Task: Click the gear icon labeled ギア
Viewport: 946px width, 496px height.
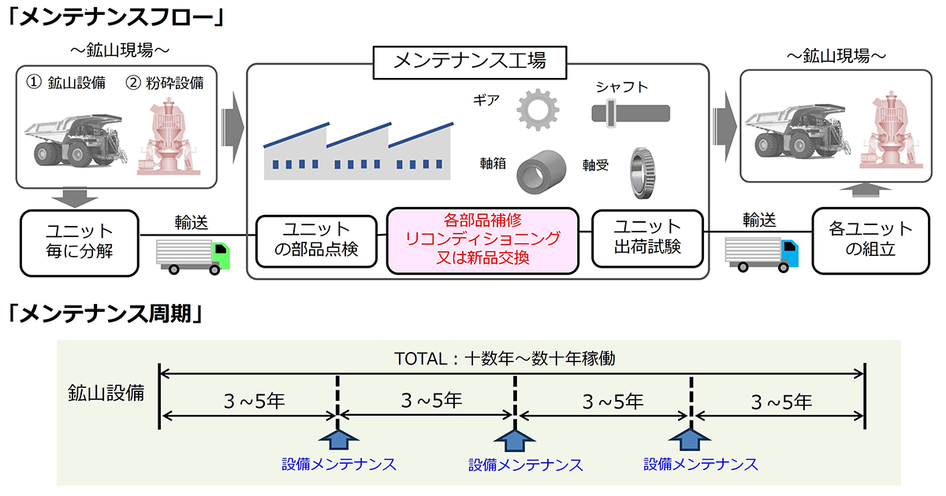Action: tap(538, 109)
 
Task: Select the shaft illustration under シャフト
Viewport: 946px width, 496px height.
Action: tap(631, 114)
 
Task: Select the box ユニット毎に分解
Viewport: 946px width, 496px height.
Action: tap(79, 242)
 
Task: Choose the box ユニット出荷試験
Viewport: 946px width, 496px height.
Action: tap(646, 238)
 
